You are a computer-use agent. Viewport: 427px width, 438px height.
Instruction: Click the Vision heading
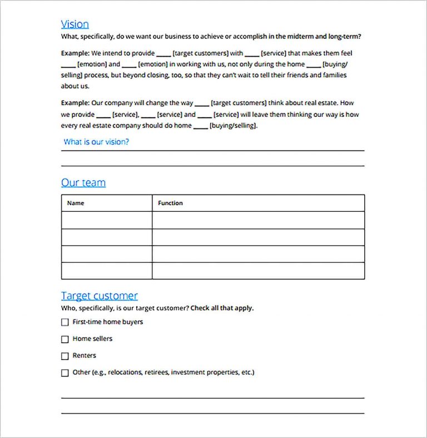pyautogui.click(x=75, y=24)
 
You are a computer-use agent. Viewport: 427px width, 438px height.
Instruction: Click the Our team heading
pyautogui.click(x=83, y=183)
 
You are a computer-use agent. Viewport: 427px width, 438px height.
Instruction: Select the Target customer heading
pyautogui.click(x=99, y=296)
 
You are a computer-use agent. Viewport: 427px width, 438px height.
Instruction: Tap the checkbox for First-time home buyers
pyautogui.click(x=65, y=322)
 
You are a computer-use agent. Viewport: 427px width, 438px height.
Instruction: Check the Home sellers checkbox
pyautogui.click(x=65, y=339)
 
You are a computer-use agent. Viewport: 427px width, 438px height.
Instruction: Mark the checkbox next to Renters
pyautogui.click(x=65, y=356)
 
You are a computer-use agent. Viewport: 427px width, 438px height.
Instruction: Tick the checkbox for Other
pyautogui.click(x=65, y=373)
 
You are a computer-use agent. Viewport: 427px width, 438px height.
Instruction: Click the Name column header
pyautogui.click(x=76, y=203)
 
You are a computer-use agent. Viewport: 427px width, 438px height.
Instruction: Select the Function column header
pyautogui.click(x=170, y=203)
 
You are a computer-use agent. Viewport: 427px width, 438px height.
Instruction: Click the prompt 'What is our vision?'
pyautogui.click(x=96, y=142)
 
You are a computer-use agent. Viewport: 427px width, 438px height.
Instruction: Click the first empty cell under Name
pyautogui.click(x=106, y=220)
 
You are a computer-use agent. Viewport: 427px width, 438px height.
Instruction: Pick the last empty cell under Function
pyautogui.click(x=258, y=271)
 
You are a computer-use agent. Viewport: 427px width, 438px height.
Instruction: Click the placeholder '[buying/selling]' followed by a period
pyautogui.click(x=234, y=126)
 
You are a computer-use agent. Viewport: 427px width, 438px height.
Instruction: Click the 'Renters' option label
pyautogui.click(x=84, y=356)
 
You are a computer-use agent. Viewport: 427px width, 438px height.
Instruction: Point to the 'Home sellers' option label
pyautogui.click(x=92, y=339)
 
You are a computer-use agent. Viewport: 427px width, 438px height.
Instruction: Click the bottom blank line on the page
pyautogui.click(x=212, y=413)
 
